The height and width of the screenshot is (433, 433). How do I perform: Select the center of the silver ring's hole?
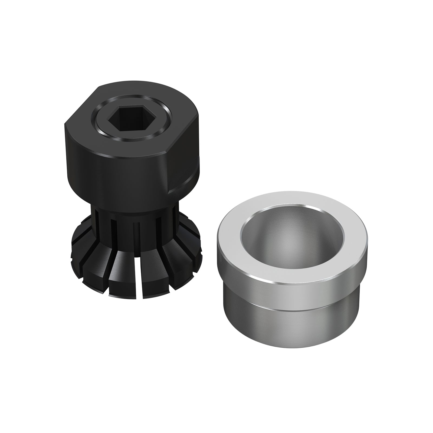(x=292, y=238)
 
